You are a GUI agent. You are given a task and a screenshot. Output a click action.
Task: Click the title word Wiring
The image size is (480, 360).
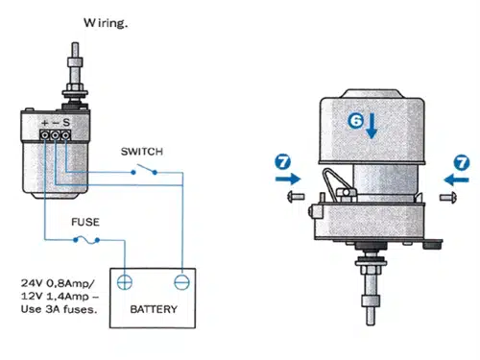[106, 23]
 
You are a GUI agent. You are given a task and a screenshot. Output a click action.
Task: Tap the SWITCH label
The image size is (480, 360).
[142, 152]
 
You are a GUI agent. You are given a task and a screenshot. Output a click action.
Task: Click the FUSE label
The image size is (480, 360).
[85, 222]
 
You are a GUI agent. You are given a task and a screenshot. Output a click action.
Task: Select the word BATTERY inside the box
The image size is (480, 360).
[154, 309]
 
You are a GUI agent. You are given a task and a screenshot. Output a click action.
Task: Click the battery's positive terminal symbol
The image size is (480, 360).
[125, 282]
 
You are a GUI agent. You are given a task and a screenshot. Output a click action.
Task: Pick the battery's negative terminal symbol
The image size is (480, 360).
[181, 282]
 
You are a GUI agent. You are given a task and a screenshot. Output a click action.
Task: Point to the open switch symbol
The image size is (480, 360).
[144, 170]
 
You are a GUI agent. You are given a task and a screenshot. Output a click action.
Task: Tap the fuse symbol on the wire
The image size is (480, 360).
[86, 240]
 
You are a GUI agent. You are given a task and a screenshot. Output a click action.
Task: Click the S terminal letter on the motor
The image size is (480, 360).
[66, 122]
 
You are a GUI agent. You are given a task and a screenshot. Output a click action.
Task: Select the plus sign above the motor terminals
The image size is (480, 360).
[45, 123]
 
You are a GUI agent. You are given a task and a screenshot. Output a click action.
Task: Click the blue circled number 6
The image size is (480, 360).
[355, 121]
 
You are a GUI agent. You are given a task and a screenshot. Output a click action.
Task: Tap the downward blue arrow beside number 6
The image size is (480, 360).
[372, 126]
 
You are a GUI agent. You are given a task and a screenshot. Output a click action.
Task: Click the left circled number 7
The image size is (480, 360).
[283, 161]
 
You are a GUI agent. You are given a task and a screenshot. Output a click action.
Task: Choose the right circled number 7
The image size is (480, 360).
[462, 163]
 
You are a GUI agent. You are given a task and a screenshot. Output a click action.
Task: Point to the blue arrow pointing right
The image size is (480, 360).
[288, 179]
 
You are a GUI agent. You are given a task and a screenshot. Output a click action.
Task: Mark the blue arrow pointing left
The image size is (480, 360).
[456, 180]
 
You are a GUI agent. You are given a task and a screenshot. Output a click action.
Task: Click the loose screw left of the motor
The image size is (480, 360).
[296, 196]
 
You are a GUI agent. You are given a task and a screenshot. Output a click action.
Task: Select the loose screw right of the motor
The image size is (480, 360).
[448, 197]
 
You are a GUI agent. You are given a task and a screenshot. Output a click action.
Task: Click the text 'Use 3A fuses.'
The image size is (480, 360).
[59, 309]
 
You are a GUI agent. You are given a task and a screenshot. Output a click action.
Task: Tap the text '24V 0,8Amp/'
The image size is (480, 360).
[58, 283]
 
